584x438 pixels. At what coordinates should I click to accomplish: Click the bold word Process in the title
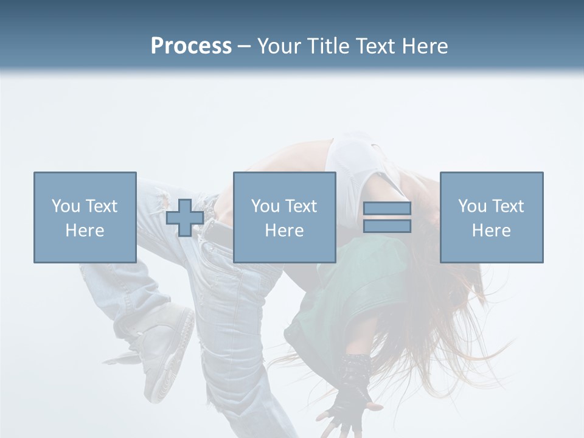(x=191, y=46)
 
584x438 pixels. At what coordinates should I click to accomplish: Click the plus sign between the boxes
(x=185, y=218)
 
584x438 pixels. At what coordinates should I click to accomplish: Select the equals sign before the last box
(x=387, y=217)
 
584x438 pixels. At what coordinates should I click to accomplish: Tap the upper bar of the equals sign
(x=387, y=209)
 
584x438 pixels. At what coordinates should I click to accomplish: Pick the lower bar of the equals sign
(x=387, y=226)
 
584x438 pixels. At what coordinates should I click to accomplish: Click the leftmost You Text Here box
(x=85, y=217)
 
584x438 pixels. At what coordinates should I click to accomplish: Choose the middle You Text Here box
(x=284, y=217)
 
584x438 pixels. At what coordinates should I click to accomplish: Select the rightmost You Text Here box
(x=492, y=217)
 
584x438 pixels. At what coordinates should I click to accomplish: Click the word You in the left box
(x=66, y=206)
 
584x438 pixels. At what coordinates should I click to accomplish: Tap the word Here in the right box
(x=492, y=231)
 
